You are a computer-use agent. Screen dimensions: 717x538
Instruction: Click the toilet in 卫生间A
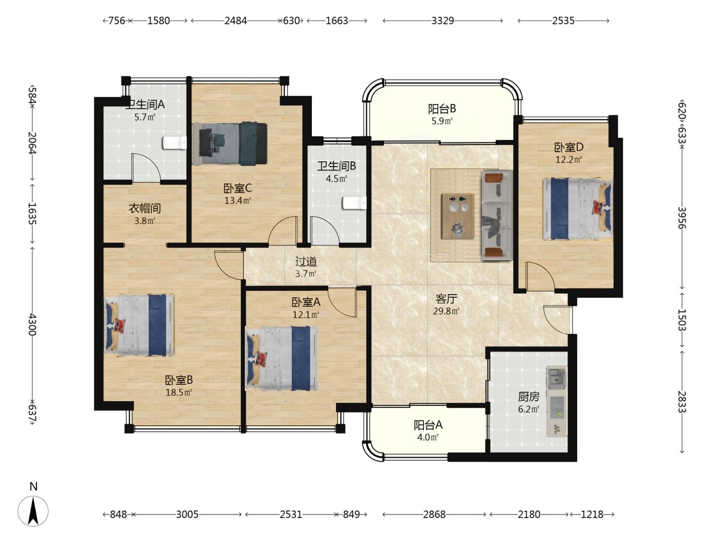175,143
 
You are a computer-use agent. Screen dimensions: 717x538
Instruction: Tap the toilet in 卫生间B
354,203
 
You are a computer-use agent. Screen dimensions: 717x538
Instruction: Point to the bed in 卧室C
230,144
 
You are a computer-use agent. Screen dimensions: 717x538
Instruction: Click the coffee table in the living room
458,216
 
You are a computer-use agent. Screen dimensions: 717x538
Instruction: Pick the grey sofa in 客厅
496,215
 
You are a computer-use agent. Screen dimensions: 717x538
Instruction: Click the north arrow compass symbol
33,511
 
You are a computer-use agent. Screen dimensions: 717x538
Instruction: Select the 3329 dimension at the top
442,21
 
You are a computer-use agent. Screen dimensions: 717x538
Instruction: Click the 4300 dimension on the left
32,324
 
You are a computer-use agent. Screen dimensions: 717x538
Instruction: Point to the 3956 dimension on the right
682,218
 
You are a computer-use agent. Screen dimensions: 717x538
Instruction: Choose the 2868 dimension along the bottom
434,514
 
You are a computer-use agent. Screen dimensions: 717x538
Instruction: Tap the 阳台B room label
442,109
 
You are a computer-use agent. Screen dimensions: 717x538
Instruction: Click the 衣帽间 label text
145,208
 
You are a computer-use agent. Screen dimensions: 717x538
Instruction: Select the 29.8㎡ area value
446,311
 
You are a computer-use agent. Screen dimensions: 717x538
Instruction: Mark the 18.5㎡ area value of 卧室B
179,392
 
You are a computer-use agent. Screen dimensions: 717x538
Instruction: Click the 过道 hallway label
306,261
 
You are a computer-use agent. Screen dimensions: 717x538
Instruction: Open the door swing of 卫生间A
146,167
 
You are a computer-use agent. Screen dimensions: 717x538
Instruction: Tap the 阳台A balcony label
428,425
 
